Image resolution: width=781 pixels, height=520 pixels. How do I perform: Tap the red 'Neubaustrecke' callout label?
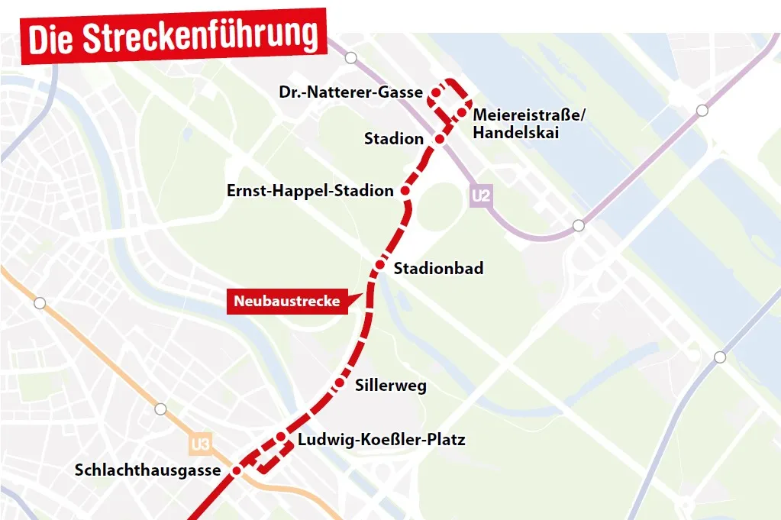point(286,301)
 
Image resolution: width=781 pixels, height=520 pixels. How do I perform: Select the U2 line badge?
point(480,196)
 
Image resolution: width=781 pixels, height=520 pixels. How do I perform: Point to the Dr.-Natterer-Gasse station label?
point(350,92)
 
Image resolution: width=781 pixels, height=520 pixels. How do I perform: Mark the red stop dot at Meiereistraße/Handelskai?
point(462,114)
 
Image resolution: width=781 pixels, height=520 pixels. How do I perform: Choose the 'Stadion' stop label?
point(393,139)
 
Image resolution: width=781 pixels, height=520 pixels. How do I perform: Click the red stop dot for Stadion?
point(439,140)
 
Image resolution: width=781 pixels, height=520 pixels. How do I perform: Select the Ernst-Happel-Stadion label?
point(310,191)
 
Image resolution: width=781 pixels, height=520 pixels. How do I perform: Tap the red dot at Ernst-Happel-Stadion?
point(405,191)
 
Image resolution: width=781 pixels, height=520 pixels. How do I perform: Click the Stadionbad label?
point(438,269)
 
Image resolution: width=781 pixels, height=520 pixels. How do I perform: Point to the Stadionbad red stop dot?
point(379,266)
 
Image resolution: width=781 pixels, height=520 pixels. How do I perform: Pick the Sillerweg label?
point(391,386)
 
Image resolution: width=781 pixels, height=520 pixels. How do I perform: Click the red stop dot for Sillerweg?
point(340,383)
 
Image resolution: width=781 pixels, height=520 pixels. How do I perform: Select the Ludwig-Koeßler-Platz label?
point(381,440)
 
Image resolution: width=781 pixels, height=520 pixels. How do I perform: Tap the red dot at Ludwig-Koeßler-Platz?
point(281,437)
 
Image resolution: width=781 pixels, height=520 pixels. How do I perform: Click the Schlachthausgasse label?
point(147,470)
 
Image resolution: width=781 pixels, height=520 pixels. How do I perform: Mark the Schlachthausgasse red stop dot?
point(237,470)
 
